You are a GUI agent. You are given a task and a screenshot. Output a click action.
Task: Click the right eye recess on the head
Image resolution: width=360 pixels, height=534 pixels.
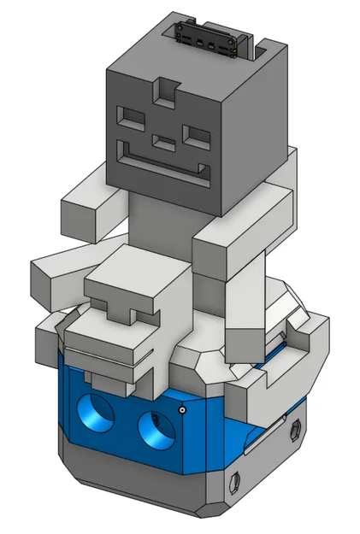point(196,135)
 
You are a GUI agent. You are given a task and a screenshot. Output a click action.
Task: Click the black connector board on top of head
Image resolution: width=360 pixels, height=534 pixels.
point(205,37)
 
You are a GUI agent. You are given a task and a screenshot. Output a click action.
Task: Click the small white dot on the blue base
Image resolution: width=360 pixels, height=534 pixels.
point(183,410)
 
